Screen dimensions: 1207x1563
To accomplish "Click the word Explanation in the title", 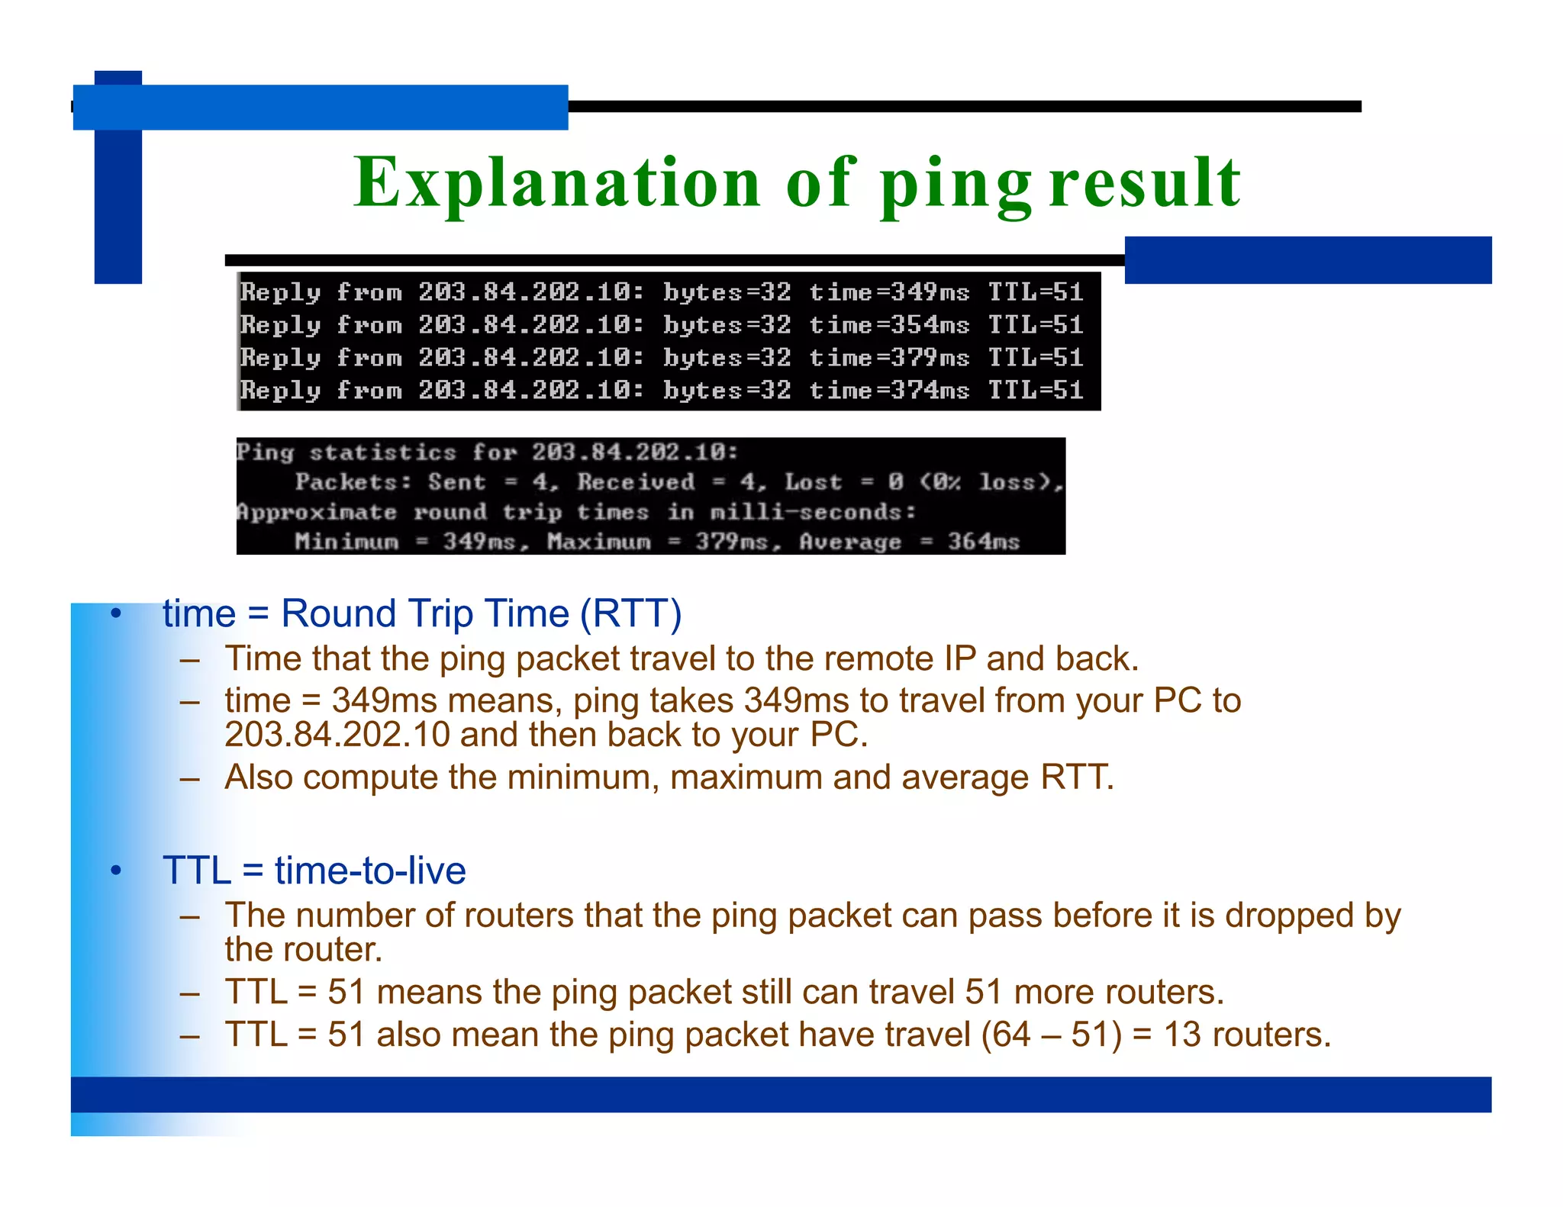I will [557, 183].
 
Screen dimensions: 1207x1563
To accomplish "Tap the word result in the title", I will [1145, 183].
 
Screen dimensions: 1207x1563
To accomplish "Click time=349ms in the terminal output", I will [888, 292].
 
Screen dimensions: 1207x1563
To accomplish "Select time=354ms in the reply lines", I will [888, 325].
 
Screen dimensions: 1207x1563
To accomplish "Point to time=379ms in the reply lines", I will [888, 358].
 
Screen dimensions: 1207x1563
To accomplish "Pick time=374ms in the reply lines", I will [888, 391].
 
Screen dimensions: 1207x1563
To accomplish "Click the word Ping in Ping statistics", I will [265, 452].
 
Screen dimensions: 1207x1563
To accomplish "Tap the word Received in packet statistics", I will [636, 482].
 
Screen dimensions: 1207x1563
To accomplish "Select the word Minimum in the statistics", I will [346, 542].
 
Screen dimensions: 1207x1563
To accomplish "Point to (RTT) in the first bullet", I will [630, 613].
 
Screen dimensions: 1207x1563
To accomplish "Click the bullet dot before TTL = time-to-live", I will [116, 871].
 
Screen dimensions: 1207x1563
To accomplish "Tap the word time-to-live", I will [370, 871].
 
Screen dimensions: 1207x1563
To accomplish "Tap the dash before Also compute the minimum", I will [190, 779].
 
